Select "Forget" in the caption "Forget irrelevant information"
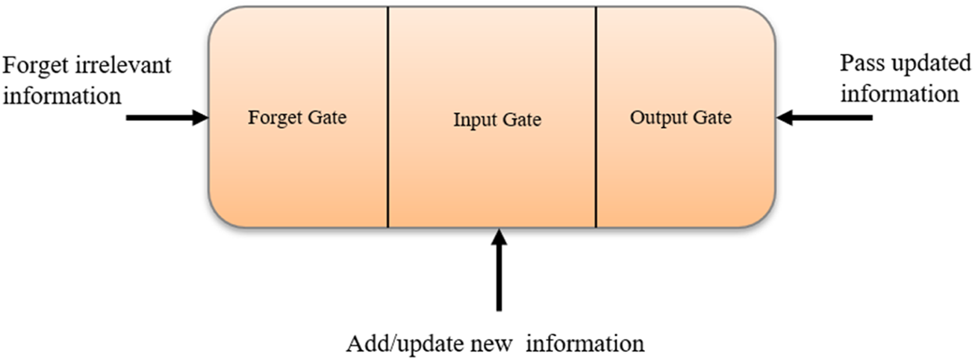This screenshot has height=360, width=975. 36,66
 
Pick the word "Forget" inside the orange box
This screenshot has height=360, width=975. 272,118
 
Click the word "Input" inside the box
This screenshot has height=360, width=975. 472,120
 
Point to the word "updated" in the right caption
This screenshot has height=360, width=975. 923,64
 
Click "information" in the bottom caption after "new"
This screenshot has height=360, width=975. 581,344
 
